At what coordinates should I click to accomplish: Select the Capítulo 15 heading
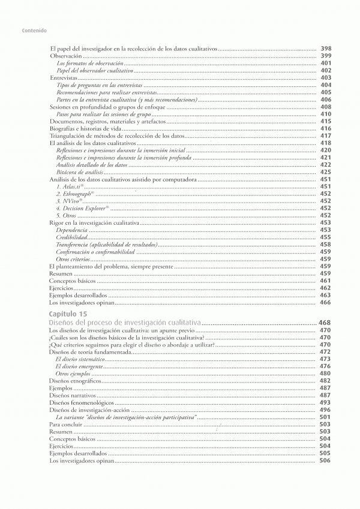(71, 314)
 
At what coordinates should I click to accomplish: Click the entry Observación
(65, 55)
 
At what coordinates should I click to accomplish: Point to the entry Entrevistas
(64, 77)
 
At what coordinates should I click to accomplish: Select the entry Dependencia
(71, 230)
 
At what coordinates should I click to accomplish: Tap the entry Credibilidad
(71, 237)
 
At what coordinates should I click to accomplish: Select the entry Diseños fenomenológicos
(81, 402)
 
